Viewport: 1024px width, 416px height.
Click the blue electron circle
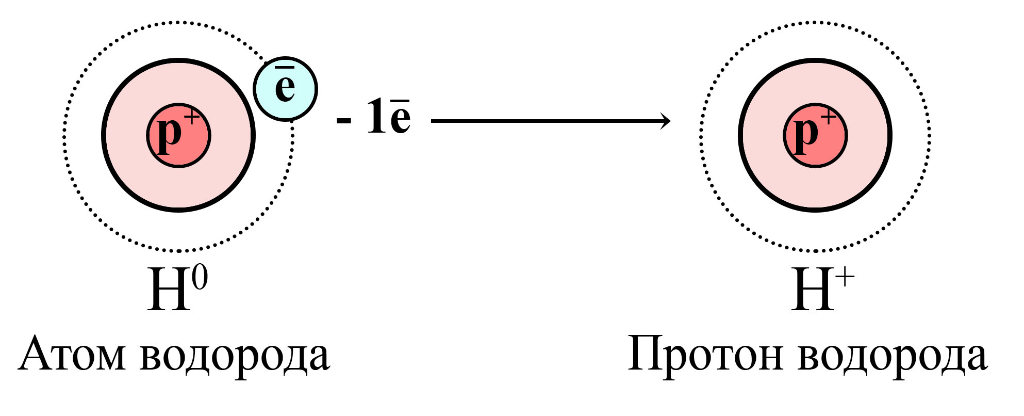pos(285,89)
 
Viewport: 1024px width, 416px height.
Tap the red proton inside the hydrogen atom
pos(178,135)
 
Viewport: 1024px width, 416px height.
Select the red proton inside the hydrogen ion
pos(815,135)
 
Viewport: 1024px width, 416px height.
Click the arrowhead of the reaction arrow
pos(665,121)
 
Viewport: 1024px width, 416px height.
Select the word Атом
pos(72,355)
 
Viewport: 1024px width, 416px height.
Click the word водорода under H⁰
pos(235,356)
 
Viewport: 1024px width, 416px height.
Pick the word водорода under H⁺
pos(893,356)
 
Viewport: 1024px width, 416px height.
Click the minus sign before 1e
pos(344,121)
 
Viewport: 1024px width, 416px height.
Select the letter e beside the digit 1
pos(400,116)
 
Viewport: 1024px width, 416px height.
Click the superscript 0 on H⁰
pos(200,279)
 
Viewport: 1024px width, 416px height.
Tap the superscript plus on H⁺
pos(846,279)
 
